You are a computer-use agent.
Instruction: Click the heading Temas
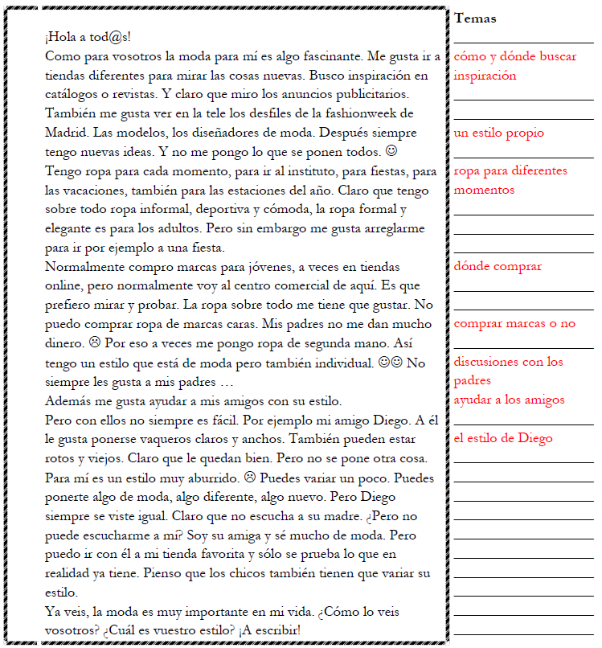click(x=475, y=18)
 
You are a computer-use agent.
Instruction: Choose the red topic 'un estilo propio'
click(x=498, y=133)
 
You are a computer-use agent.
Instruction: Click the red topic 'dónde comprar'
click(x=498, y=266)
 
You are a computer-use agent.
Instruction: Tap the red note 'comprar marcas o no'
click(x=514, y=323)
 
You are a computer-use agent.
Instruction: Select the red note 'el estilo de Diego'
click(x=503, y=438)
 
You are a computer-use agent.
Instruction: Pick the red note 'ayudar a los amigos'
click(x=509, y=400)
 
